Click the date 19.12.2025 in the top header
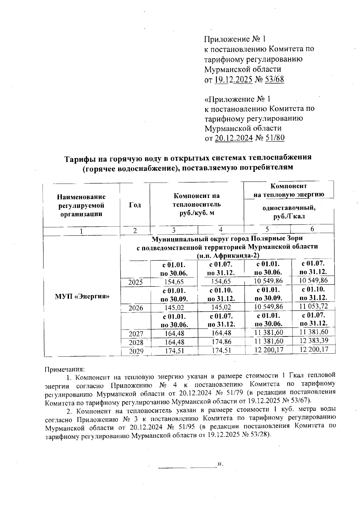pyautogui.click(x=233, y=79)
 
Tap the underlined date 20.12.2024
pyautogui.click(x=234, y=138)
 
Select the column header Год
pyautogui.click(x=135, y=205)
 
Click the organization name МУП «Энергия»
pyautogui.click(x=82, y=296)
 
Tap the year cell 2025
pyautogui.click(x=136, y=282)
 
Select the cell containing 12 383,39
pyautogui.click(x=313, y=340)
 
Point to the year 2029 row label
pyautogui.click(x=136, y=351)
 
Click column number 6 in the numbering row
pyautogui.click(x=312, y=229)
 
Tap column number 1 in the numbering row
pyautogui.click(x=81, y=231)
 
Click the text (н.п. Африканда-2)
pyautogui.click(x=228, y=256)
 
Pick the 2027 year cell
pyautogui.click(x=136, y=334)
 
